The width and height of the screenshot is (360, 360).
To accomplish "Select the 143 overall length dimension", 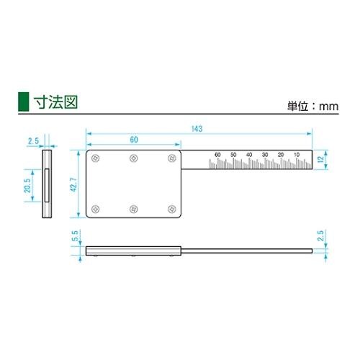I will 197,129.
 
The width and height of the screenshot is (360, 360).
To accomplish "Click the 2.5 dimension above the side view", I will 32,141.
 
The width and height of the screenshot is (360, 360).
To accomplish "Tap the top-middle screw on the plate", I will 133,158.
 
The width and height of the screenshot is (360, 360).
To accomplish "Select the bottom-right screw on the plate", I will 171,209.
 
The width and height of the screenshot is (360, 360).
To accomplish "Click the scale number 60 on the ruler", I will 217,155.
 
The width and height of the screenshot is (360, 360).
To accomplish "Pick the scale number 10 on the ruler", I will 297,155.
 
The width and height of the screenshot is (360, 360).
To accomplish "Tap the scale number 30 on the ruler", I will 265,155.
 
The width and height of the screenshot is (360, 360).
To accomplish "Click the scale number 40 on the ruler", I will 249,155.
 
